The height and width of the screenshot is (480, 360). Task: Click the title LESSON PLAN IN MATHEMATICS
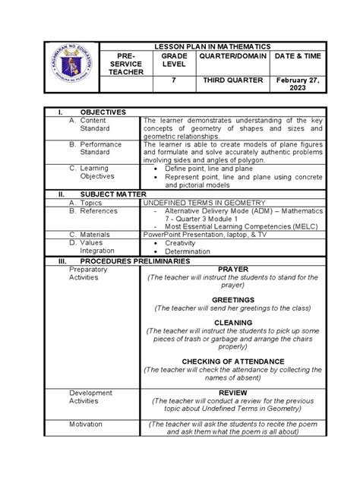pos(212,47)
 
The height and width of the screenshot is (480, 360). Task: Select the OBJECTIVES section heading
pos(97,112)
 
